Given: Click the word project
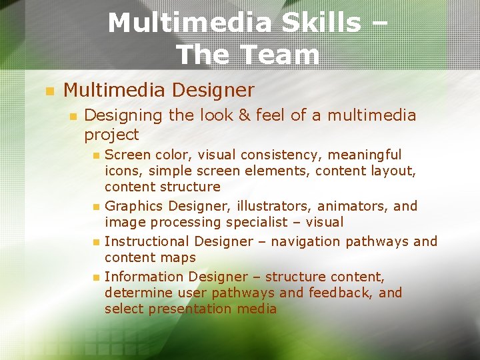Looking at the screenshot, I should click(111, 135).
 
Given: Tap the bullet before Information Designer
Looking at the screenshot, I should click(96, 277).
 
